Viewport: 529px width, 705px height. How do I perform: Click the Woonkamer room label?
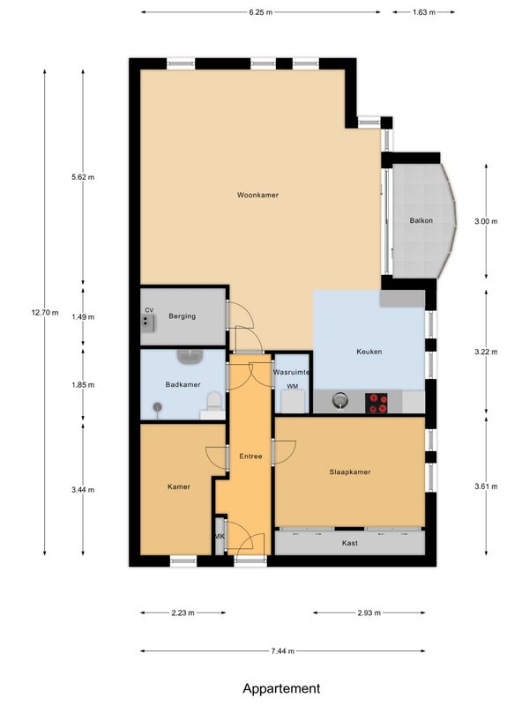(257, 195)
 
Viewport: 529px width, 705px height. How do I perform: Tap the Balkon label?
(421, 220)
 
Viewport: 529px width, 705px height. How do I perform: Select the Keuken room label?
(369, 352)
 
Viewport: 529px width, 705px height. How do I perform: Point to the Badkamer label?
(183, 384)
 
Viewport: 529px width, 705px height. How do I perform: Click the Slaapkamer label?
(350, 471)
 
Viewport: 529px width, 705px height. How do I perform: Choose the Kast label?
(349, 543)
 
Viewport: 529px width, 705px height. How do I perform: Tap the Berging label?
(183, 316)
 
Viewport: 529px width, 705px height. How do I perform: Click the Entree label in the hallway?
(250, 456)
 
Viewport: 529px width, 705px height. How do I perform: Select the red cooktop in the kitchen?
(376, 403)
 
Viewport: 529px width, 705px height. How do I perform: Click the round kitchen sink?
(340, 399)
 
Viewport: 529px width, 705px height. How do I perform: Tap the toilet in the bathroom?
(214, 402)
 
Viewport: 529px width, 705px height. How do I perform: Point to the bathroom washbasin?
(190, 356)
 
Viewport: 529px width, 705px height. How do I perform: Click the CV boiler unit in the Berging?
(147, 323)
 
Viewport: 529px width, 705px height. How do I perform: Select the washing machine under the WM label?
(293, 402)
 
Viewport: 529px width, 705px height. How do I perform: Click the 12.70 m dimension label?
(45, 313)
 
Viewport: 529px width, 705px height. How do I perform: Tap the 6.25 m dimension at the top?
(260, 12)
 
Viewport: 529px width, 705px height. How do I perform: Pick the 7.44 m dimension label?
(283, 650)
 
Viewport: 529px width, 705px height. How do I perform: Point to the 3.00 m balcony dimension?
(486, 221)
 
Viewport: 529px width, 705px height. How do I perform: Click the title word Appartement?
(281, 688)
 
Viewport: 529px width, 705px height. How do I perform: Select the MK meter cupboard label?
(220, 537)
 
